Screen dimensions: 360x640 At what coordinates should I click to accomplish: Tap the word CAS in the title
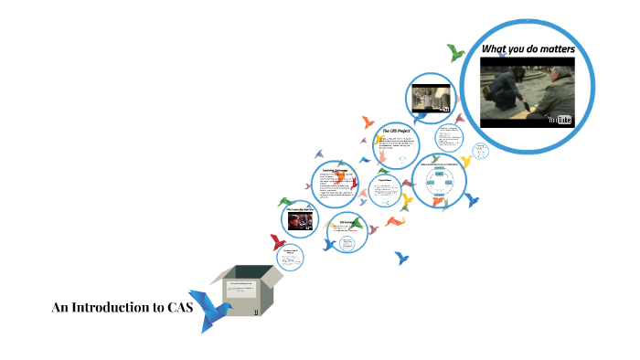[179, 308]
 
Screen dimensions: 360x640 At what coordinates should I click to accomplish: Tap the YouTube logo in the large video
[559, 119]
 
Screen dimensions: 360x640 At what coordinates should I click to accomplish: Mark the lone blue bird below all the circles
[402, 259]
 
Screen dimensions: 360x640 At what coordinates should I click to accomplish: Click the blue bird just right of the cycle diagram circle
[472, 199]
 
